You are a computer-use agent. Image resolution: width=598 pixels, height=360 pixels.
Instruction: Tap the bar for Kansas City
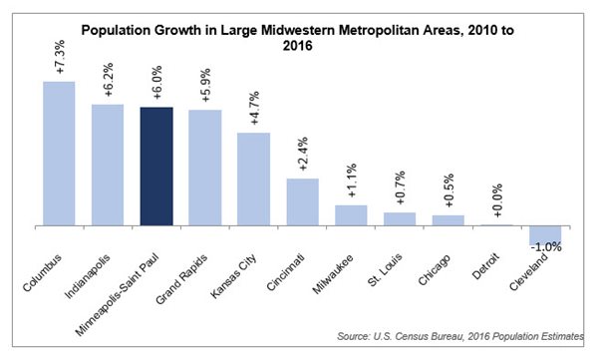click(x=253, y=179)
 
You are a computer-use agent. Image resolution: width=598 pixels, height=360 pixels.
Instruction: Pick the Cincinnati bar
click(x=302, y=201)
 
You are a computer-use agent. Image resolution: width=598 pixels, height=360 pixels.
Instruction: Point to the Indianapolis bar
click(x=108, y=164)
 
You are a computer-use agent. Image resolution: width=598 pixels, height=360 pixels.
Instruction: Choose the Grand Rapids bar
click(x=205, y=167)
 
